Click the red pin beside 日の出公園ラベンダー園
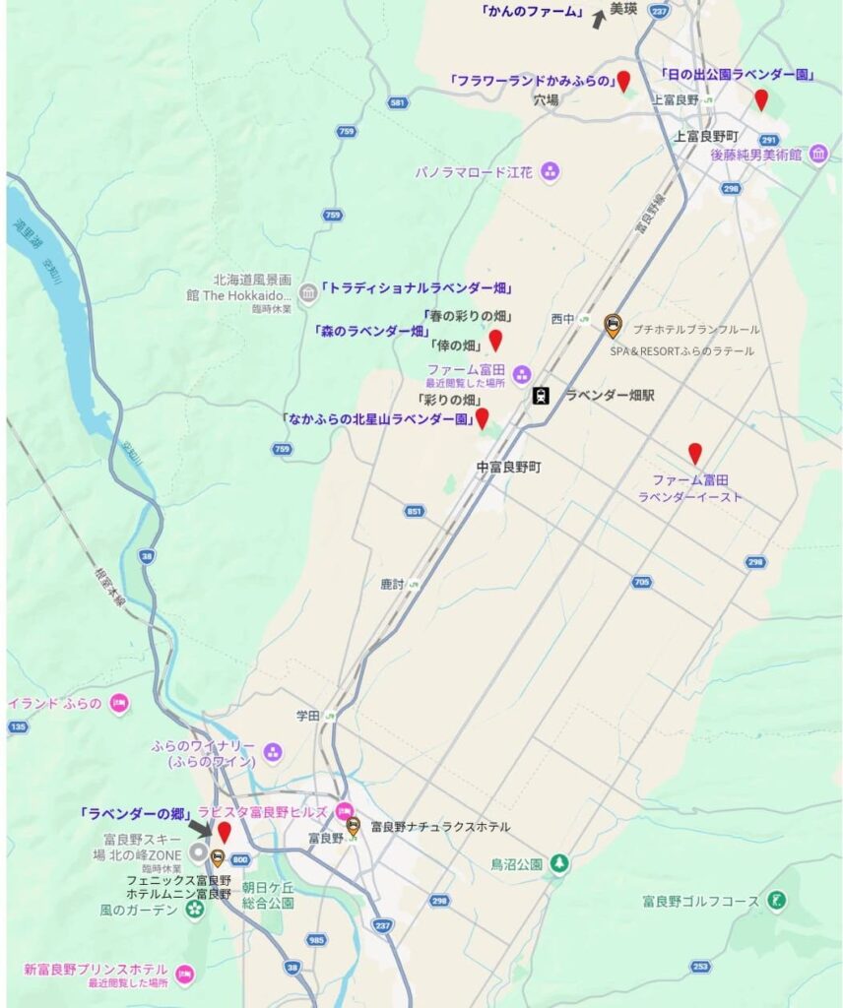tap(760, 98)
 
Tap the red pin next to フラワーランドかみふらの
tap(623, 81)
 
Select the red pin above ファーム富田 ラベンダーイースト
tap(695, 453)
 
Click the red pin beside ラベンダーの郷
tap(224, 832)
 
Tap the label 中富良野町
tap(508, 468)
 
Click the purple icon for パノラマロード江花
tap(551, 171)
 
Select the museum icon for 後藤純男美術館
tap(818, 154)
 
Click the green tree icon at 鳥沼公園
tap(559, 863)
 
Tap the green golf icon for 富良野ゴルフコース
tap(778, 900)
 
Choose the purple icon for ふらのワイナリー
tap(273, 753)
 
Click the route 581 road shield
tap(398, 102)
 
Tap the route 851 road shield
tap(415, 511)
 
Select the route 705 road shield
tap(641, 582)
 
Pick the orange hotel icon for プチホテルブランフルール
tap(613, 322)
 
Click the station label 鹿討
tap(393, 584)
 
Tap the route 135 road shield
tap(17, 726)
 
